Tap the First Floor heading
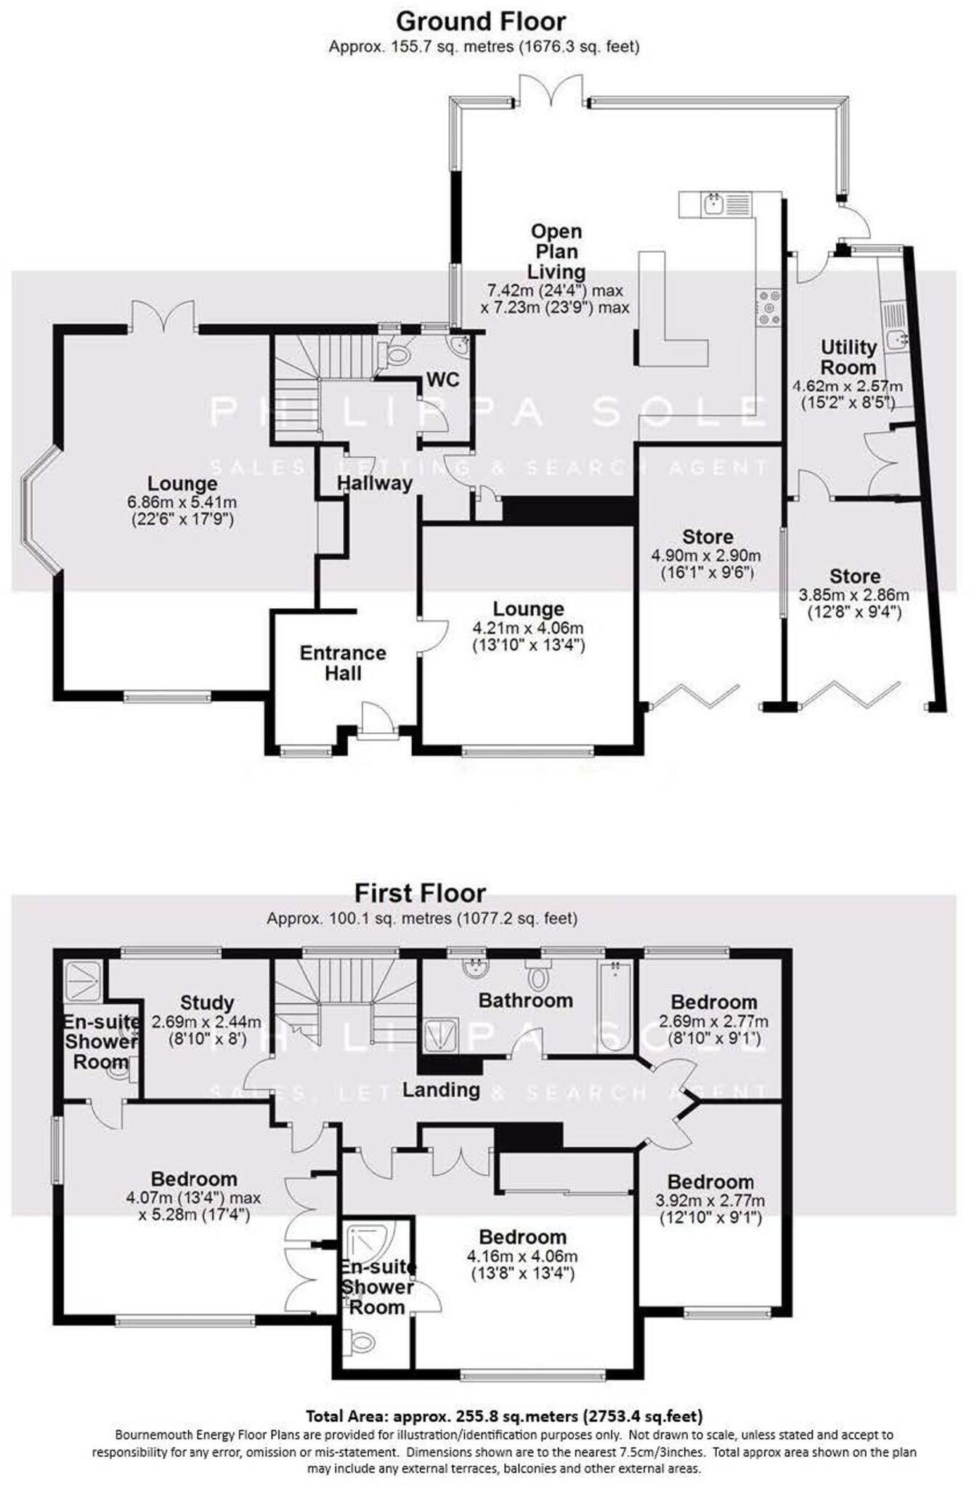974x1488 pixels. pos(420,892)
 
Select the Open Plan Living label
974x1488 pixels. pos(556,251)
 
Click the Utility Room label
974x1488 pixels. pos(848,357)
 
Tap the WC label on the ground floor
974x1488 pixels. pos(442,379)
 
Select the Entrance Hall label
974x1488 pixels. pos(343,663)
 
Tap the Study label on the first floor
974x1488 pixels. pos(207,1003)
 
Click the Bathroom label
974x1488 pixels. pos(525,1000)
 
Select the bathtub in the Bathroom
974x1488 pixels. pos(614,1005)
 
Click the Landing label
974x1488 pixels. pos(441,1089)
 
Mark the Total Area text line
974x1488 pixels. pos(503,1415)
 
